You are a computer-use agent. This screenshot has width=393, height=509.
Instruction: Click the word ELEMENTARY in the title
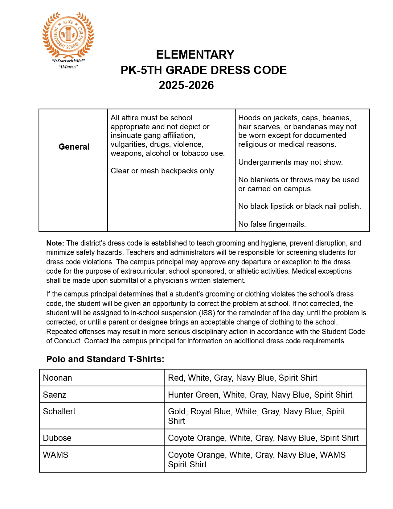pyautogui.click(x=195, y=55)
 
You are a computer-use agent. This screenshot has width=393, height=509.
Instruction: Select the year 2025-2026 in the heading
pyautogui.click(x=186, y=85)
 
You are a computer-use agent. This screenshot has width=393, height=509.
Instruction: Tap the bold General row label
pyautogui.click(x=74, y=147)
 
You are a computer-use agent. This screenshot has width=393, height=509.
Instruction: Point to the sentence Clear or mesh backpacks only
pyautogui.click(x=162, y=171)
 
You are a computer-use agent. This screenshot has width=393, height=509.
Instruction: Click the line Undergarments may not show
pyautogui.click(x=290, y=162)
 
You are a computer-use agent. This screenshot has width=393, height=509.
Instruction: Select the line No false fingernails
pyautogui.click(x=272, y=224)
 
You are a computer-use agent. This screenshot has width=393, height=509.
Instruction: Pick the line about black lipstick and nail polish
pyautogui.click(x=299, y=206)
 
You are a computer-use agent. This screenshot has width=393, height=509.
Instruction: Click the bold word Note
pyautogui.click(x=55, y=243)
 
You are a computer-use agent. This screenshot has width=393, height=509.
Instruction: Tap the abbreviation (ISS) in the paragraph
pyautogui.click(x=207, y=313)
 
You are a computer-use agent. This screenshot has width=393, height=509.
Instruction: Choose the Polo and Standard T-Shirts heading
pyautogui.click(x=105, y=359)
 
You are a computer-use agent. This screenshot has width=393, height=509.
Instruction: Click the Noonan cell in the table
pyautogui.click(x=58, y=378)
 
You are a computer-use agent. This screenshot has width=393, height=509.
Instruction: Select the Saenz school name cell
pyautogui.click(x=55, y=395)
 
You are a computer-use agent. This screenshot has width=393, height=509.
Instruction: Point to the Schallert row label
pyautogui.click(x=59, y=412)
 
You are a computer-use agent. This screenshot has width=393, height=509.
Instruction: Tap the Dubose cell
pyautogui.click(x=57, y=438)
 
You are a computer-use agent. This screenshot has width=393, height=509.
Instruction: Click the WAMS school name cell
pyautogui.click(x=56, y=455)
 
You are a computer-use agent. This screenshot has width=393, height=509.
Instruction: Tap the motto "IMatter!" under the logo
pyautogui.click(x=68, y=67)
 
